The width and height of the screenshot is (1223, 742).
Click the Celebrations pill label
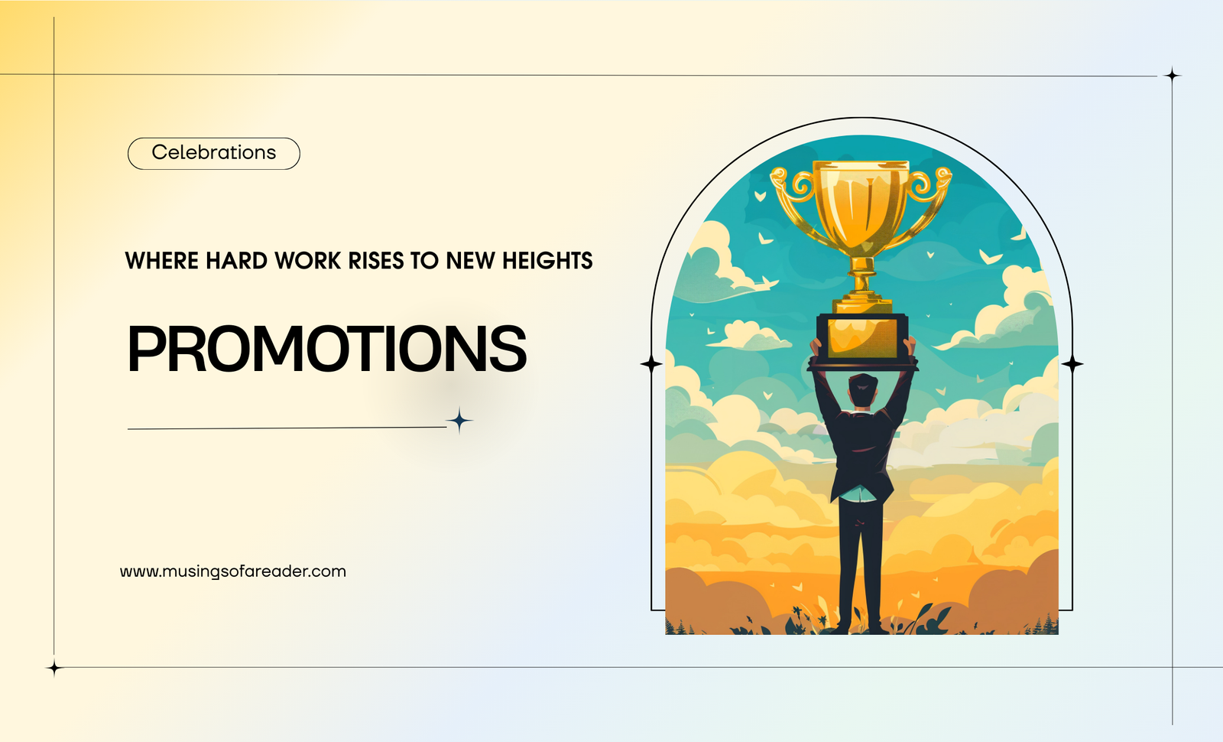tap(213, 153)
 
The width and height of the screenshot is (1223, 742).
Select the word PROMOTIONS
tap(326, 349)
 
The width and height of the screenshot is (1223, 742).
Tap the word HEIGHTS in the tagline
tap(547, 261)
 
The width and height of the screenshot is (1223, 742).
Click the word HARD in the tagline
tap(236, 261)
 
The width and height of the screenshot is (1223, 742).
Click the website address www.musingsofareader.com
tap(233, 571)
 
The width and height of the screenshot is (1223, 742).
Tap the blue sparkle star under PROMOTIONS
tap(459, 421)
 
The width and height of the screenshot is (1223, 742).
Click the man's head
tap(862, 390)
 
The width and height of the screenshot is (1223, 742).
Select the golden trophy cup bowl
tap(861, 207)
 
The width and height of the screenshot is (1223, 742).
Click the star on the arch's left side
tap(650, 363)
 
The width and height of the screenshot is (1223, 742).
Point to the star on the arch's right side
tap(1072, 363)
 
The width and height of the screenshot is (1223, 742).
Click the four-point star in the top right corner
tap(1173, 75)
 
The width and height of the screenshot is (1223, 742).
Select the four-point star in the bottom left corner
tap(54, 668)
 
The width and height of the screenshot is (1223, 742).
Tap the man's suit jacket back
tap(861, 454)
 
